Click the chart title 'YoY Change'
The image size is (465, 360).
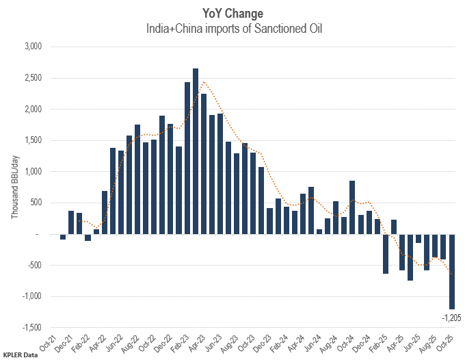tap(232, 13)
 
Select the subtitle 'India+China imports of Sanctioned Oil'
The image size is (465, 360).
tap(232, 29)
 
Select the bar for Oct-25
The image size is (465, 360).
tap(452, 271)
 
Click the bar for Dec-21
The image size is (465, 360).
tap(71, 222)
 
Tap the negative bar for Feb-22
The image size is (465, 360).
tap(88, 237)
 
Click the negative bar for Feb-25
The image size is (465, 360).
tap(386, 254)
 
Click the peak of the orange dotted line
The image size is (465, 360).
tap(204, 82)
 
